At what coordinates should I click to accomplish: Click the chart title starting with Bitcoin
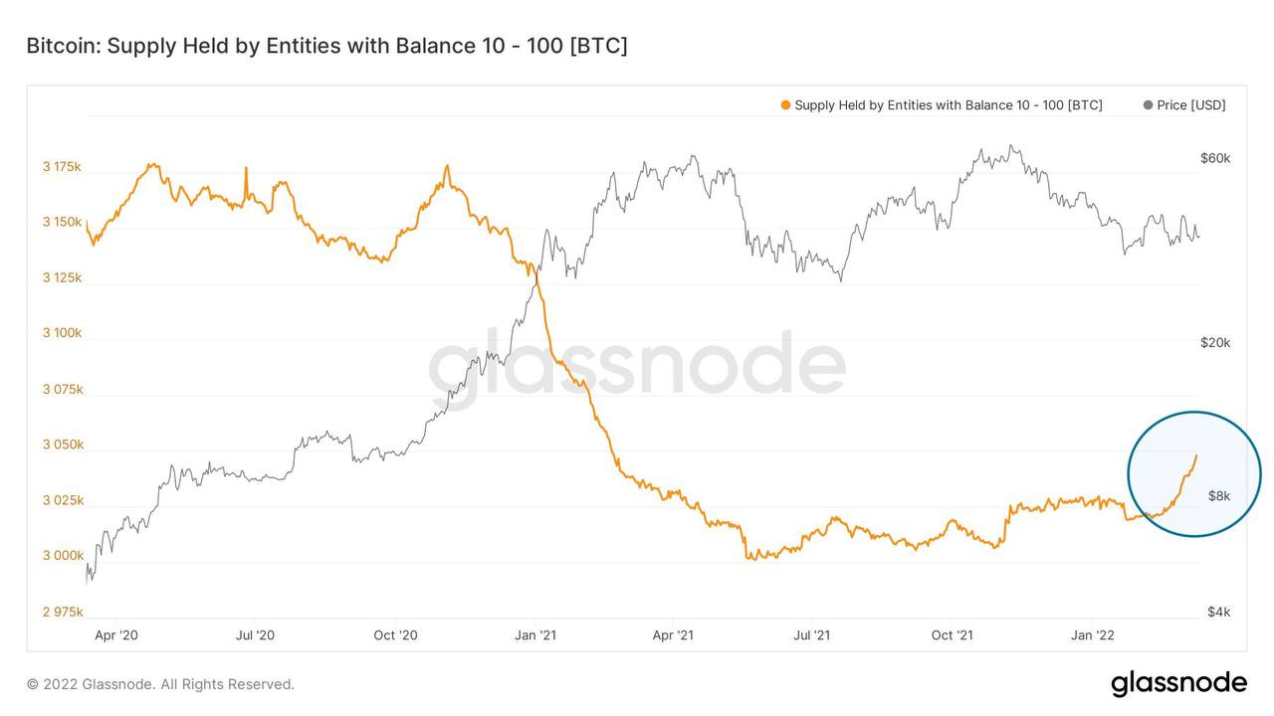tap(326, 46)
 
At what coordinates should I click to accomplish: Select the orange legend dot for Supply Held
tap(786, 105)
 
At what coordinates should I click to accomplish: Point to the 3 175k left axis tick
tap(62, 166)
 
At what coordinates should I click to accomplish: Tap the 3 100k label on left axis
tap(62, 333)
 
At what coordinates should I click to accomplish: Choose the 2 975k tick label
tap(62, 612)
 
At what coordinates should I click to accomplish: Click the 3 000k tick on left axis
tap(62, 556)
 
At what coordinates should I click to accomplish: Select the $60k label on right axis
tap(1215, 158)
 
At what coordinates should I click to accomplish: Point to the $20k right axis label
tap(1215, 343)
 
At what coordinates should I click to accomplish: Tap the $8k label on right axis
tap(1219, 496)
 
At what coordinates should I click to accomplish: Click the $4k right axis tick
tap(1219, 612)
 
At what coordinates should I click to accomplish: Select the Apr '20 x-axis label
tap(117, 635)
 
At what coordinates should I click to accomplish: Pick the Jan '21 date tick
tap(535, 635)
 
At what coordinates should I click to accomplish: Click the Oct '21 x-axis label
tap(953, 635)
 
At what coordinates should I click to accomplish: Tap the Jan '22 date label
tap(1093, 635)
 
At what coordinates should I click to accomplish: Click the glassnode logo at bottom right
tap(1178, 683)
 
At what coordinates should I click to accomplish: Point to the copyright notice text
tap(160, 684)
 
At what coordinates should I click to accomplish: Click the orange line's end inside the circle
tap(1196, 455)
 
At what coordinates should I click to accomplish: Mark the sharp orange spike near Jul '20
tap(246, 169)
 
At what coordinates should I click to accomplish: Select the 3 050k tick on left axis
tap(62, 445)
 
